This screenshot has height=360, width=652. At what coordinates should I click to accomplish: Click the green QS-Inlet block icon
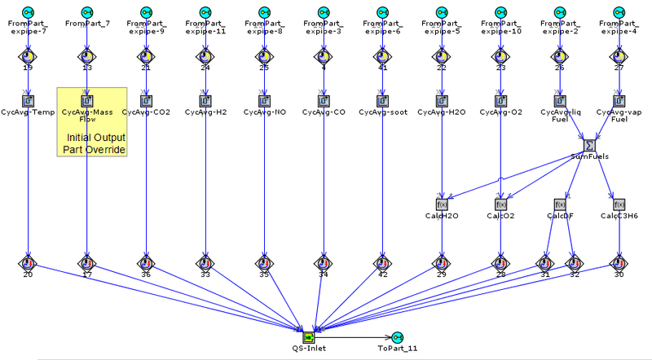click(x=308, y=336)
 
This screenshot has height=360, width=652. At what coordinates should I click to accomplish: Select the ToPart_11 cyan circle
click(x=397, y=337)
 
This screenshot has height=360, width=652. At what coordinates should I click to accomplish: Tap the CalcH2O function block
click(x=443, y=204)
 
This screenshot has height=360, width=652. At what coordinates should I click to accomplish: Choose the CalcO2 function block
click(x=501, y=204)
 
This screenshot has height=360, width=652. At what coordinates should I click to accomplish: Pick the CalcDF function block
click(x=560, y=204)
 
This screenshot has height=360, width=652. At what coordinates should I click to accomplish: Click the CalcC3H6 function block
click(x=619, y=204)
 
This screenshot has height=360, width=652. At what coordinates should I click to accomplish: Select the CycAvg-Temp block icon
click(x=28, y=101)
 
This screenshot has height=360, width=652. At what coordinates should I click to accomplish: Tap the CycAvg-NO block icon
click(x=265, y=101)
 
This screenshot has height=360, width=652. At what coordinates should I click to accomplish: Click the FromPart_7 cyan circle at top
click(x=86, y=12)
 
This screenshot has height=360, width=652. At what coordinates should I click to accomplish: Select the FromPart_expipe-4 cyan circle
click(x=619, y=12)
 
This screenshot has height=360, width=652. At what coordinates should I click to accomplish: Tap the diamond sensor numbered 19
click(x=28, y=56)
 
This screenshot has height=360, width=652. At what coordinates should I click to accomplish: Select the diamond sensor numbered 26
click(x=560, y=56)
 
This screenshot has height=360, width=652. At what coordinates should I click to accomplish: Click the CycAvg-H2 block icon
click(x=205, y=101)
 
